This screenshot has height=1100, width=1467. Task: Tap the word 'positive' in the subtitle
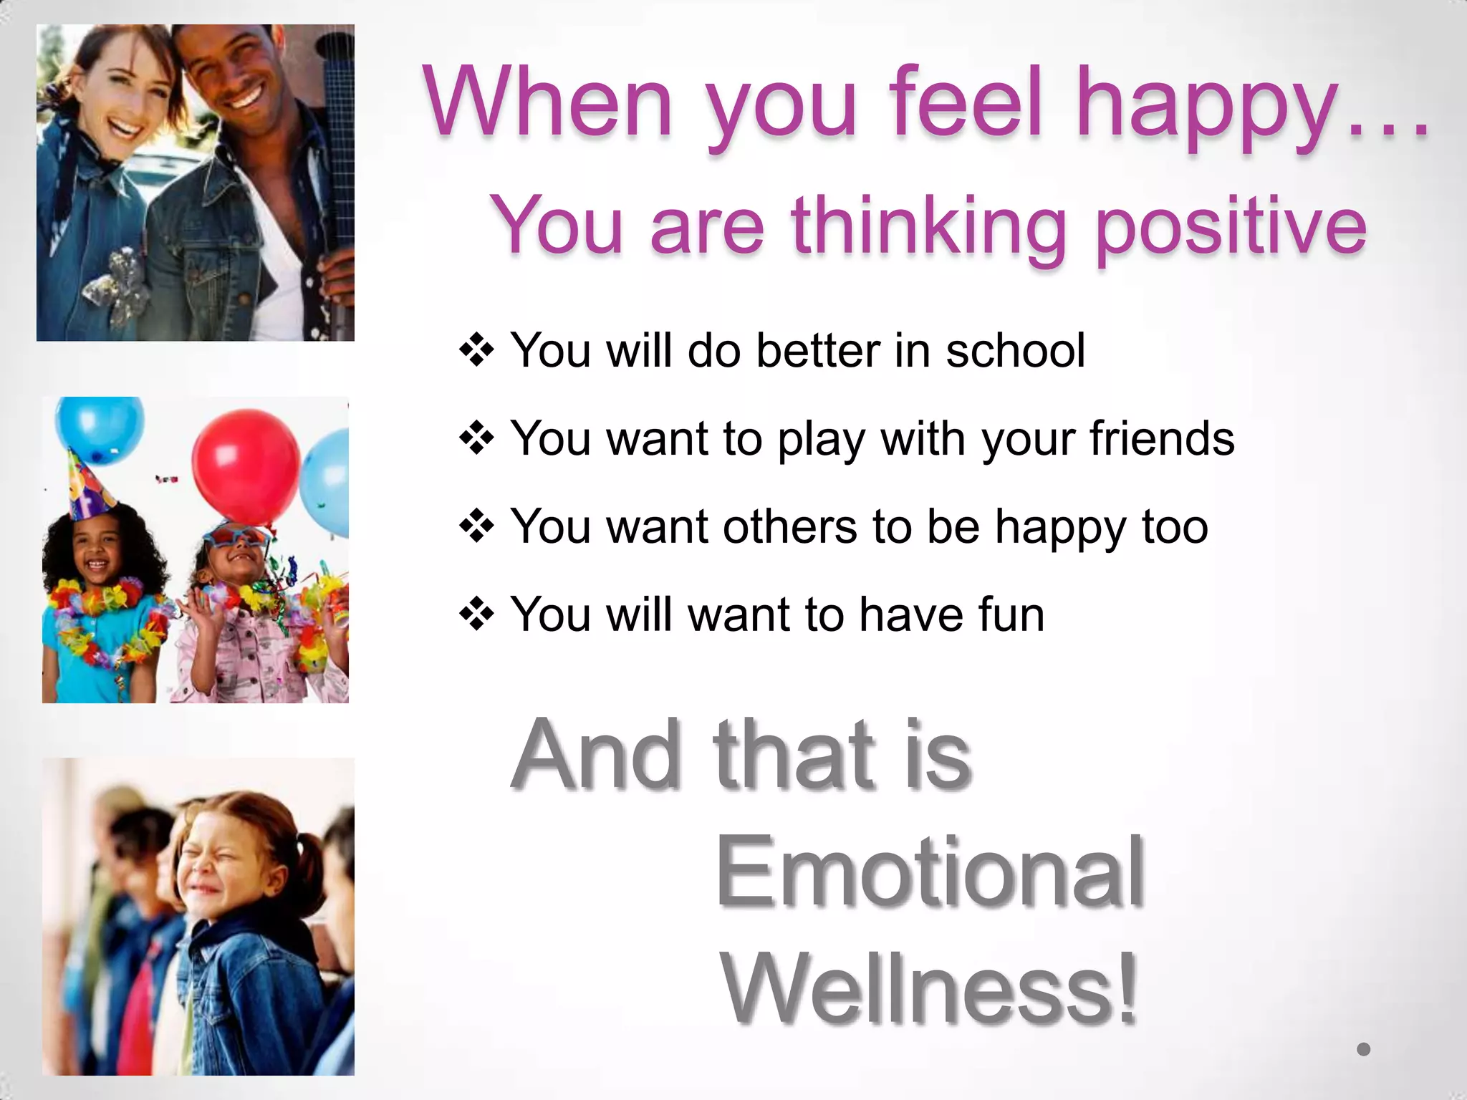click(1231, 226)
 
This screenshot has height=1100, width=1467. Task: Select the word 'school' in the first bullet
click(1015, 351)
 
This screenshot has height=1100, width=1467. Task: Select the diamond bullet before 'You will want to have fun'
click(476, 614)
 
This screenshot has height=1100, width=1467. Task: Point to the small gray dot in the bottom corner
click(1363, 1049)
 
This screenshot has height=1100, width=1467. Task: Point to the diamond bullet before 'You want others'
click(476, 527)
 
